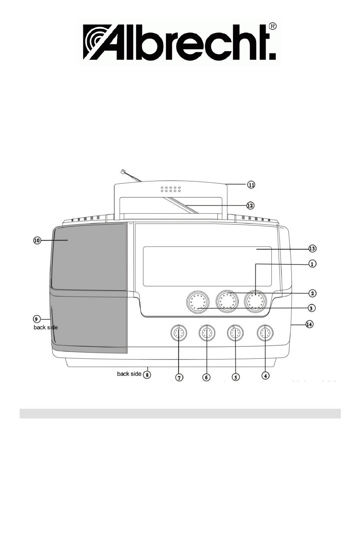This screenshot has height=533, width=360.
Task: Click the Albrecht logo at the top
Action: [180, 42]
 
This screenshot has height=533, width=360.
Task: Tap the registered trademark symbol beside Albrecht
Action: [273, 27]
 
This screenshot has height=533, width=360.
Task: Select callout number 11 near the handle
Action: [251, 184]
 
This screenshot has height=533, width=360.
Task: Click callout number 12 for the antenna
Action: [250, 205]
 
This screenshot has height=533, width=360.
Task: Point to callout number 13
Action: [312, 249]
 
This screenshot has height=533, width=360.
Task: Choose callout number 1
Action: [312, 264]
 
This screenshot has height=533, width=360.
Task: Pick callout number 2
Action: [312, 293]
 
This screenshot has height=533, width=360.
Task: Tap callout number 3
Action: [311, 308]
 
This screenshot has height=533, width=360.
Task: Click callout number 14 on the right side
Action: [309, 324]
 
